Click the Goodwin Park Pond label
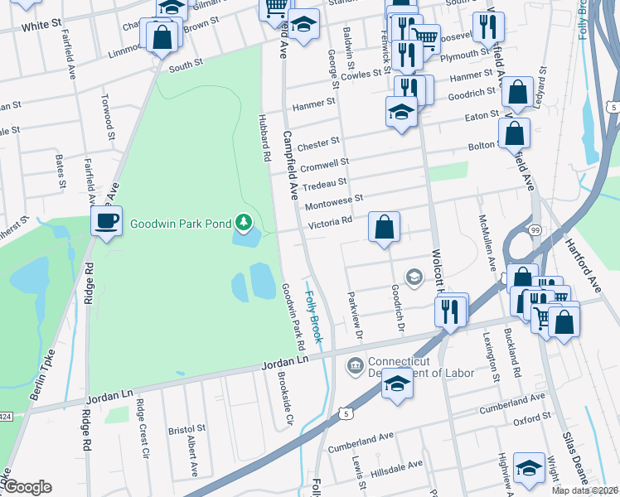(179, 223)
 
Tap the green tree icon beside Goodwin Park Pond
(244, 222)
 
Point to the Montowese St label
(334, 201)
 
